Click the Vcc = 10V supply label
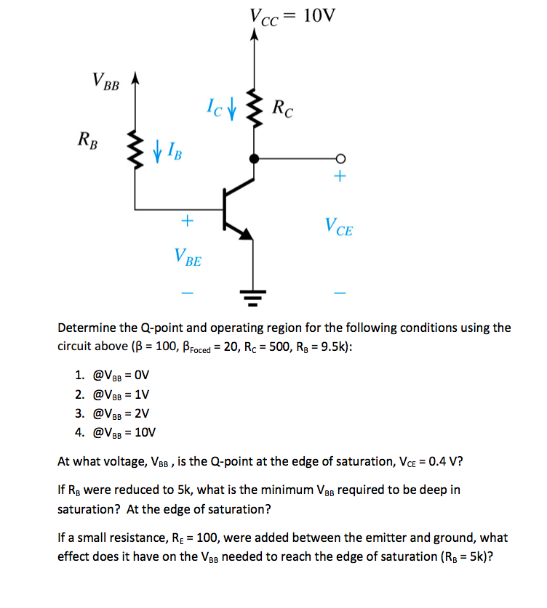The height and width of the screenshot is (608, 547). [x=293, y=15]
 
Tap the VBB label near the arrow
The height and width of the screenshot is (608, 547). [x=106, y=81]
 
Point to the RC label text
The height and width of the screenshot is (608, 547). [x=284, y=110]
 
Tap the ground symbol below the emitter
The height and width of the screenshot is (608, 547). [x=254, y=295]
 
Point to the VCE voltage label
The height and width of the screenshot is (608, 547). [x=340, y=230]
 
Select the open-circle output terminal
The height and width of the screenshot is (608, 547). [x=339, y=158]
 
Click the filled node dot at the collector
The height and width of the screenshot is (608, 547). [x=254, y=158]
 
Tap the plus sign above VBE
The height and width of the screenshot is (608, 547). [x=187, y=219]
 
